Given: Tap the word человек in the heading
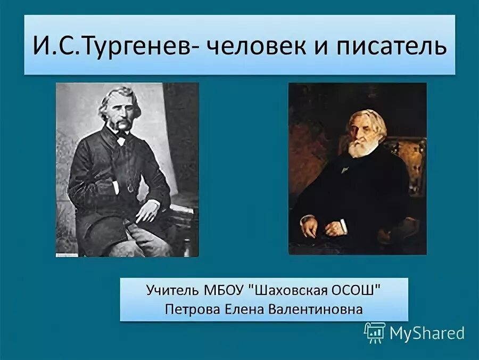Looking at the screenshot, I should (x=253, y=46).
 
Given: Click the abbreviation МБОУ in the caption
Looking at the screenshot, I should (x=225, y=291).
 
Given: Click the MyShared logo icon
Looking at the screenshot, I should (x=374, y=332).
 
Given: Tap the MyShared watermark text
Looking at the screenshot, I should (x=427, y=333).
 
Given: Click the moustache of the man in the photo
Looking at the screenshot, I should (x=121, y=126).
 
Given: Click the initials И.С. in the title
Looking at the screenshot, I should (x=48, y=46).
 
